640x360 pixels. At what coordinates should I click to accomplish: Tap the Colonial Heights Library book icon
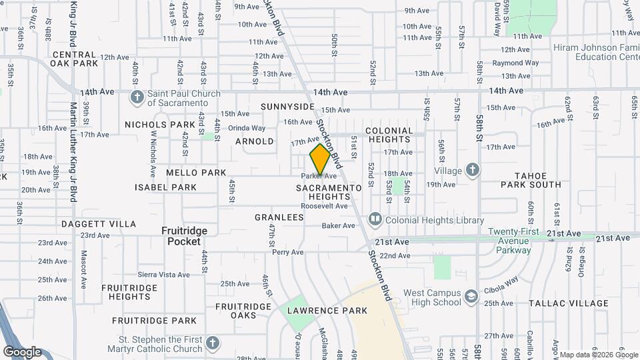pyautogui.click(x=375, y=219)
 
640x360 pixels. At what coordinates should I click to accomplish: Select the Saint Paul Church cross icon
pyautogui.click(x=137, y=97)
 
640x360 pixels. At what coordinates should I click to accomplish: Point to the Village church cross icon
pyautogui.click(x=473, y=170)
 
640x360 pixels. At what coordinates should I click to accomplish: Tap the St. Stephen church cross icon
pyautogui.click(x=212, y=344)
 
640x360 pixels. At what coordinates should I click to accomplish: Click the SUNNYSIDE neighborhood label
pyautogui.click(x=287, y=107)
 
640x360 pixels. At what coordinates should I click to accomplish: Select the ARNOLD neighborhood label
pyautogui.click(x=255, y=141)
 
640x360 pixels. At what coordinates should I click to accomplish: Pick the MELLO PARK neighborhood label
pyautogui.click(x=196, y=173)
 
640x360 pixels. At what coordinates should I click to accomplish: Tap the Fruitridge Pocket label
pyautogui.click(x=185, y=236)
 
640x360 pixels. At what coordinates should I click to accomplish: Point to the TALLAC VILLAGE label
pyautogui.click(x=568, y=303)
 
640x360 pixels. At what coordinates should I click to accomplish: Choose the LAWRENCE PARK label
pyautogui.click(x=327, y=311)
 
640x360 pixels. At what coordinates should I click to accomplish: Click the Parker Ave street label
pyautogui.click(x=319, y=176)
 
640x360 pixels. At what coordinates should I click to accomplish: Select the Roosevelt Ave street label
pyautogui.click(x=324, y=207)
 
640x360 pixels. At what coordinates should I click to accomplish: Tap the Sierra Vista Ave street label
pyautogui.click(x=163, y=274)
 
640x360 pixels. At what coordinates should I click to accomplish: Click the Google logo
pyautogui.click(x=22, y=352)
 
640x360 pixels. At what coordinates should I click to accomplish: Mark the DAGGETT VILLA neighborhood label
pyautogui.click(x=99, y=225)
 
